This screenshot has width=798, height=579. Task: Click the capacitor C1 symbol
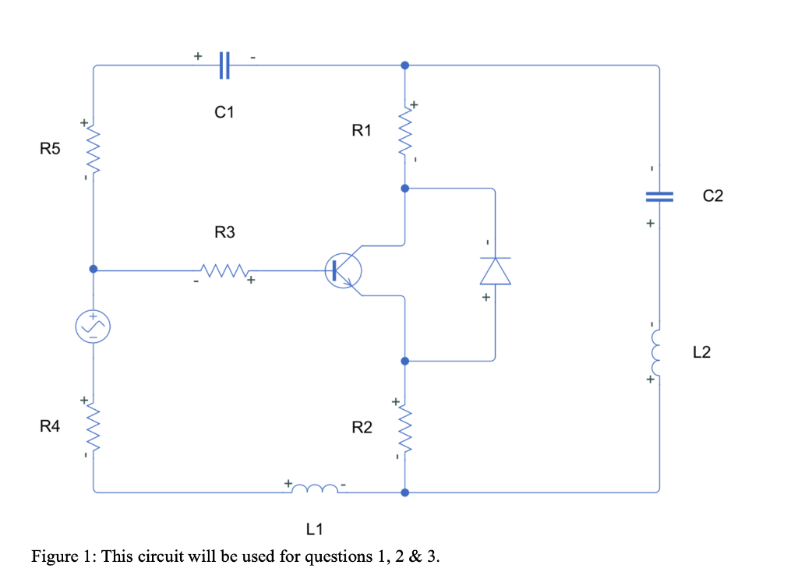click(224, 65)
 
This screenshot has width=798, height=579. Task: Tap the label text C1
click(224, 112)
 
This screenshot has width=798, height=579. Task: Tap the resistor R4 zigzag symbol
click(94, 426)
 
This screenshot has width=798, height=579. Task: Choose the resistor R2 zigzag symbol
click(404, 427)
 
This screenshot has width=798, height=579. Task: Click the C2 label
click(712, 196)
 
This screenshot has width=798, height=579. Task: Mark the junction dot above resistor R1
click(404, 65)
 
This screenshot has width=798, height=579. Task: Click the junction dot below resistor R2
click(404, 493)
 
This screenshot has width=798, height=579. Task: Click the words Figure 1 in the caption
click(62, 556)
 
